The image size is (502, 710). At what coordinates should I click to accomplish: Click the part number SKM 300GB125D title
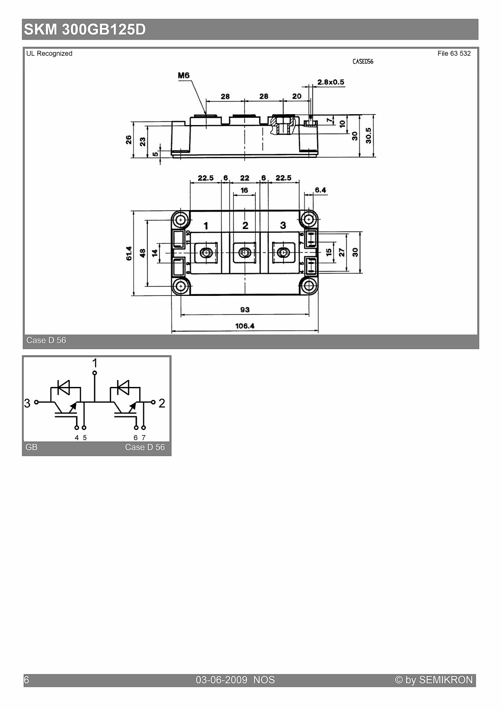[85, 30]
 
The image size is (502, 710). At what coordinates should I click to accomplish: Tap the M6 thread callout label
[184, 75]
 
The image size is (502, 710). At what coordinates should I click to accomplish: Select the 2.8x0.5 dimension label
[331, 82]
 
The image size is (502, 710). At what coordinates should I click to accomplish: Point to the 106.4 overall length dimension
[245, 326]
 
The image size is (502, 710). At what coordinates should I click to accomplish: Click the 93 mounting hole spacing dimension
[245, 310]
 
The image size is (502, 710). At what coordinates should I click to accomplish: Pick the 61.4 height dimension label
[129, 253]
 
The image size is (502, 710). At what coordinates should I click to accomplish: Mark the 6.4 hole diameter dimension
[321, 190]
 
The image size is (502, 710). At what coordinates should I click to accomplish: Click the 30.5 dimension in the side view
[368, 136]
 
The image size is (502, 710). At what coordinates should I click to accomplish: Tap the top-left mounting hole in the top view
[181, 220]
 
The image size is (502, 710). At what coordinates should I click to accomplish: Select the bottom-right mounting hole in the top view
[309, 287]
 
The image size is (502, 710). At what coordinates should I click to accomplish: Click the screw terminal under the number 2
[244, 253]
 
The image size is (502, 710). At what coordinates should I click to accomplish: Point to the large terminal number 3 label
[283, 225]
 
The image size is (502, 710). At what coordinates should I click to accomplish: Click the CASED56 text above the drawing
[363, 62]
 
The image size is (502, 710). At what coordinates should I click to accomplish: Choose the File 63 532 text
[454, 53]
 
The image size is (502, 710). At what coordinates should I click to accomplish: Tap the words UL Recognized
[49, 53]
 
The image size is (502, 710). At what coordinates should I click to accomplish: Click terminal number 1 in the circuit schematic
[95, 362]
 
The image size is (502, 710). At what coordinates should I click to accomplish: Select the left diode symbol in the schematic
[63, 387]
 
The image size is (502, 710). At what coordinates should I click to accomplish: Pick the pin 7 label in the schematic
[143, 438]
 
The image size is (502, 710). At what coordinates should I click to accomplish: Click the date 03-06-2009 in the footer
[221, 680]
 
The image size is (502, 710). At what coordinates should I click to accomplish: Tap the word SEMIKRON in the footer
[446, 680]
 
